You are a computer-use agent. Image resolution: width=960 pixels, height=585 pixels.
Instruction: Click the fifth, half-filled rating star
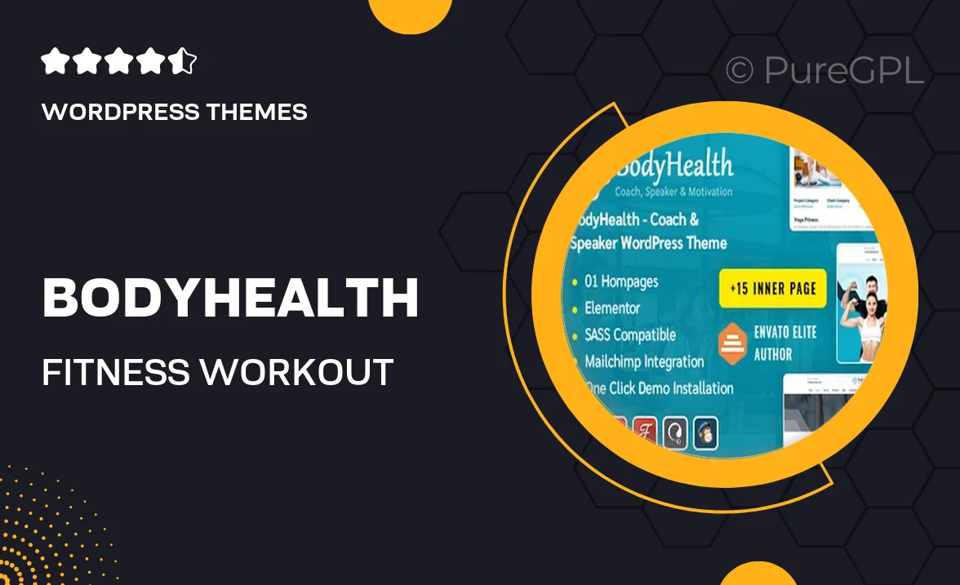(184, 62)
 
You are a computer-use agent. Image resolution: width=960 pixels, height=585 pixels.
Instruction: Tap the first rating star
(54, 62)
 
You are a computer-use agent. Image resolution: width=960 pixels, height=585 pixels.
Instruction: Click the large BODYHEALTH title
(230, 299)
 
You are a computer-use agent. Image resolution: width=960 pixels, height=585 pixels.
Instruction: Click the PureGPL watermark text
(843, 71)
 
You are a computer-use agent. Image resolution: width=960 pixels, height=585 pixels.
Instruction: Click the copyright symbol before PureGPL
(740, 71)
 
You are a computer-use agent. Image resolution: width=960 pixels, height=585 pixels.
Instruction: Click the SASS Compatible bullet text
(630, 335)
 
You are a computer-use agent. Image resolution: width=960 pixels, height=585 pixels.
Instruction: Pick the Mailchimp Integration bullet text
(644, 361)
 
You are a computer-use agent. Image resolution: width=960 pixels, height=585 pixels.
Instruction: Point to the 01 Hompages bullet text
(621, 282)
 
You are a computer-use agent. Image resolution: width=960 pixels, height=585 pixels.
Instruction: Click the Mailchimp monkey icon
(705, 432)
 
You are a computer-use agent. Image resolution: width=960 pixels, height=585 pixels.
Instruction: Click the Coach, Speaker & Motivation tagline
(663, 193)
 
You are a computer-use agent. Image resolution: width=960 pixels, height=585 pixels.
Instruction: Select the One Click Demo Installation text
(659, 388)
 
